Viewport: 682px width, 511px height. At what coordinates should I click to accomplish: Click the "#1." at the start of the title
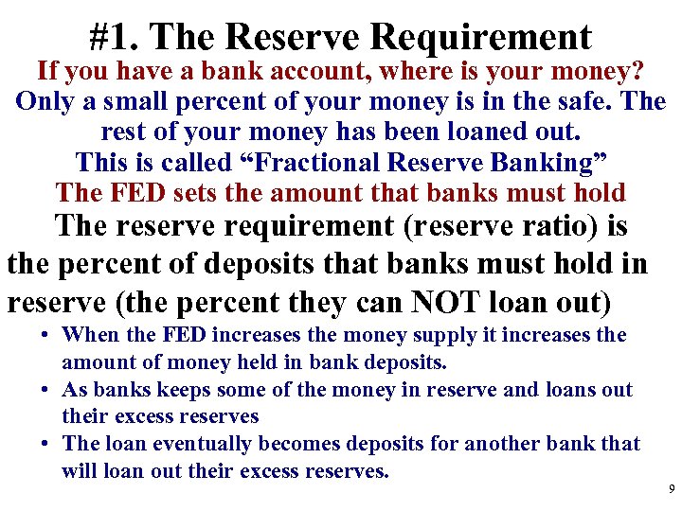115,37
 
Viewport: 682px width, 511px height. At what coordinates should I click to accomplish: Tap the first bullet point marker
46,336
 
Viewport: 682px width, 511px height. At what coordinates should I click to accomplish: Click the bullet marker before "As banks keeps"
46,390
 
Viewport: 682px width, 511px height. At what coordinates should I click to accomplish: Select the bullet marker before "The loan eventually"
46,444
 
